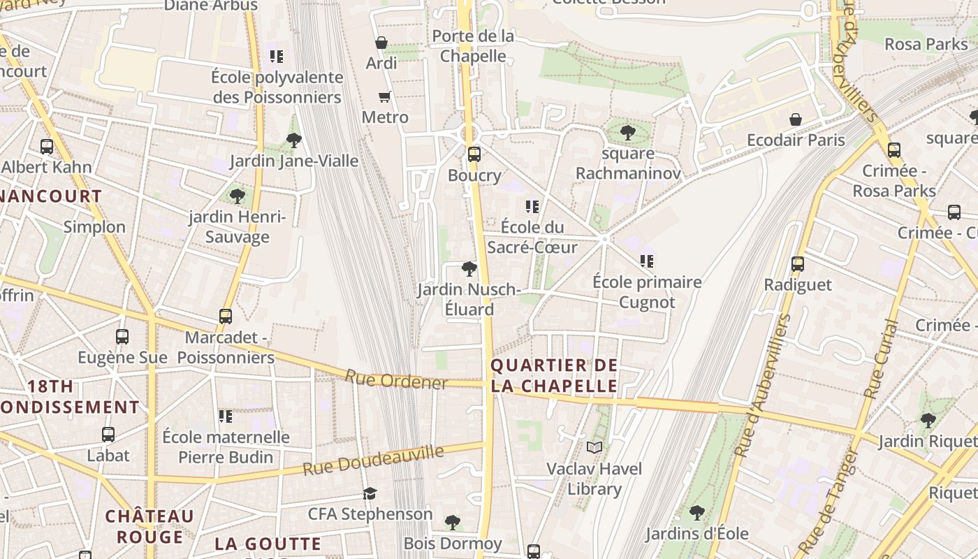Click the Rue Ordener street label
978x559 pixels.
(395, 380)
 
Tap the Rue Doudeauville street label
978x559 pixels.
(374, 461)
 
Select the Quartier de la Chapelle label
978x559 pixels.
(554, 375)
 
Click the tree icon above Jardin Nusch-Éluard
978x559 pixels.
(469, 269)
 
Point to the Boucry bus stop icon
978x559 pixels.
(474, 154)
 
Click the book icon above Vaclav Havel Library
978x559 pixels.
(594, 447)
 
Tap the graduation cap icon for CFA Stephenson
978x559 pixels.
(370, 494)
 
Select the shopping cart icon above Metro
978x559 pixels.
(384, 96)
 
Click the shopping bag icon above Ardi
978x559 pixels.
(381, 43)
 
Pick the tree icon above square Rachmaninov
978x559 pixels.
(627, 132)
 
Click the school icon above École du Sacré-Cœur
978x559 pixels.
(532, 207)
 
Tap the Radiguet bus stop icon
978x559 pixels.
(798, 264)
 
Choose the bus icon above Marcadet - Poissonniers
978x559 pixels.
(226, 317)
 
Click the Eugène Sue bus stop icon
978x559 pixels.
(122, 337)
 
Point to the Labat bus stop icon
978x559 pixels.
(108, 435)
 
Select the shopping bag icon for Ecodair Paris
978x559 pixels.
(795, 119)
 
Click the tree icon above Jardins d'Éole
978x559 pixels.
(696, 513)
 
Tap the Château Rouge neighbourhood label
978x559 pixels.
(149, 526)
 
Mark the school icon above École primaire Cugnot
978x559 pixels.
(647, 261)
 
